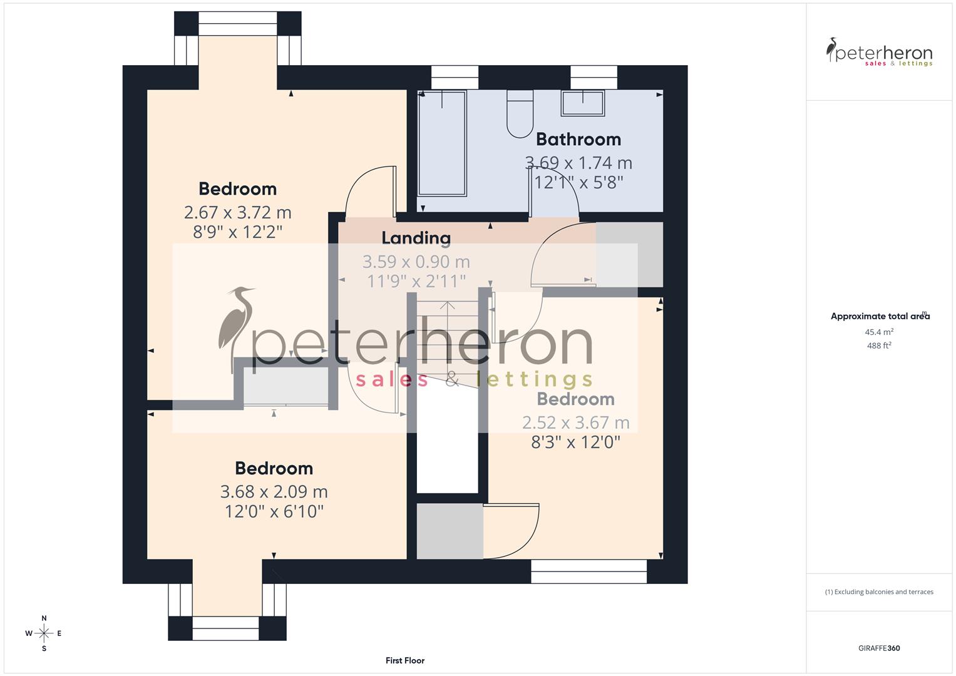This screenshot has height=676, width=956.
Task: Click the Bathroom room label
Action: tap(578, 139)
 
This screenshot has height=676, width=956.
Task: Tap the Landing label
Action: tap(416, 238)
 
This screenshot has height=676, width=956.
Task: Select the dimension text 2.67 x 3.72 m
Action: tap(237, 213)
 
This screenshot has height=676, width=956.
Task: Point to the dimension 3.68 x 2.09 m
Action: tap(274, 492)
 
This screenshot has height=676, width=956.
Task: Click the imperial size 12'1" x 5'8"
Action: tap(578, 182)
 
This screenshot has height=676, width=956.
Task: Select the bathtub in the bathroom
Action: tap(442, 143)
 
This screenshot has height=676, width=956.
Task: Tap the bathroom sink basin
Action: tap(583, 103)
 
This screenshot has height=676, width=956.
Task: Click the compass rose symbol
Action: tap(44, 633)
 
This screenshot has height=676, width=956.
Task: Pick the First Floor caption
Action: tap(405, 660)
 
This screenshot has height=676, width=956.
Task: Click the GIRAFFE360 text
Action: tap(879, 648)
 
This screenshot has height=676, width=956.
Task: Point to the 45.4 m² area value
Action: tap(879, 332)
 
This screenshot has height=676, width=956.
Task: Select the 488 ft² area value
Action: tap(879, 346)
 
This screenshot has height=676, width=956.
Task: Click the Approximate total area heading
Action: tap(880, 317)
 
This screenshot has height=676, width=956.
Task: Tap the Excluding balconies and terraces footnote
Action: tap(879, 591)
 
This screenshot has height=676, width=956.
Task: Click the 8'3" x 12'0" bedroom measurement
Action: tap(575, 443)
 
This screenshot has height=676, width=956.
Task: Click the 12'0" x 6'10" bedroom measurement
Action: tap(274, 512)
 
